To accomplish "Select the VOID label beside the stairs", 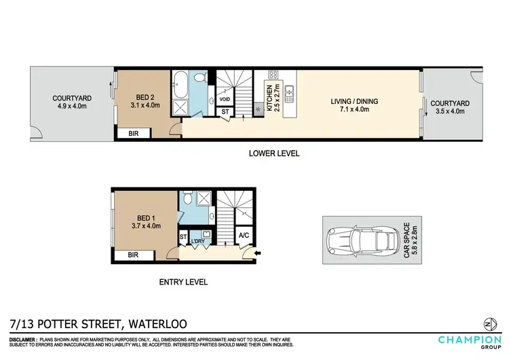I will point(225,98).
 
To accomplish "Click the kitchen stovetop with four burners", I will point(274,76).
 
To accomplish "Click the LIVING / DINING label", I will point(354,102).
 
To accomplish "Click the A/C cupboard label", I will point(243,236).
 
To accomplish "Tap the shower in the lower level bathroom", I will point(182,108).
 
